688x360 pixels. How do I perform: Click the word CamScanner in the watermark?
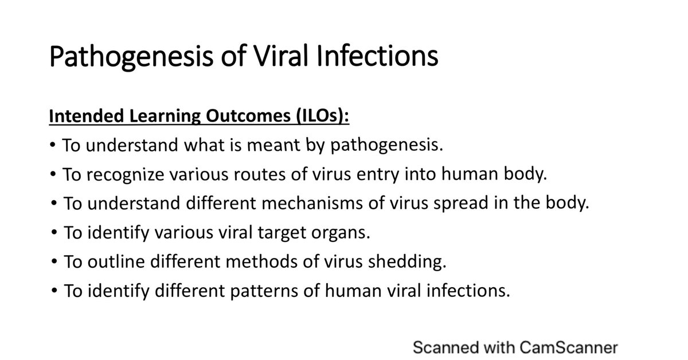569,347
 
